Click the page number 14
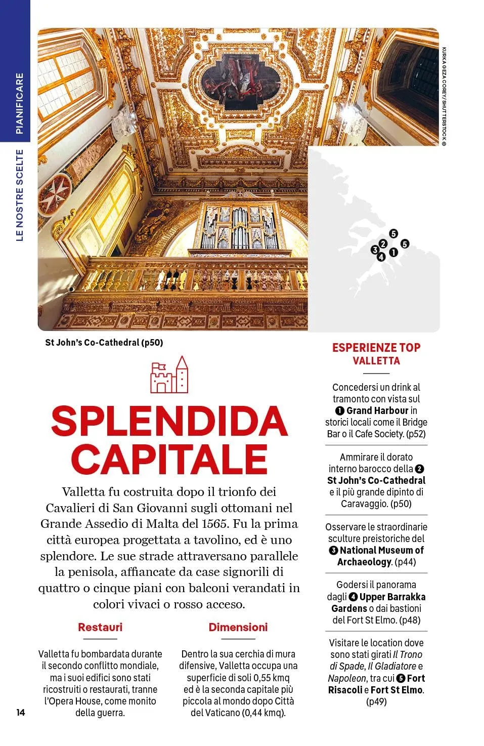click(20, 713)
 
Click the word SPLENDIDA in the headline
click(169, 422)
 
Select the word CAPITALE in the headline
click(169, 460)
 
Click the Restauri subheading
click(100, 628)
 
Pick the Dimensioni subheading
click(238, 628)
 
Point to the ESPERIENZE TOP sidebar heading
click(376, 348)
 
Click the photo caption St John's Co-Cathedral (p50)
click(104, 343)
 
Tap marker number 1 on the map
click(393, 253)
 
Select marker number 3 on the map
click(375, 250)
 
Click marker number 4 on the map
click(381, 257)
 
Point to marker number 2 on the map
click(383, 244)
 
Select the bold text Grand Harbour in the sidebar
click(377, 410)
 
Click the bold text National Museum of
click(381, 550)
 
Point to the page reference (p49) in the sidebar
click(376, 701)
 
